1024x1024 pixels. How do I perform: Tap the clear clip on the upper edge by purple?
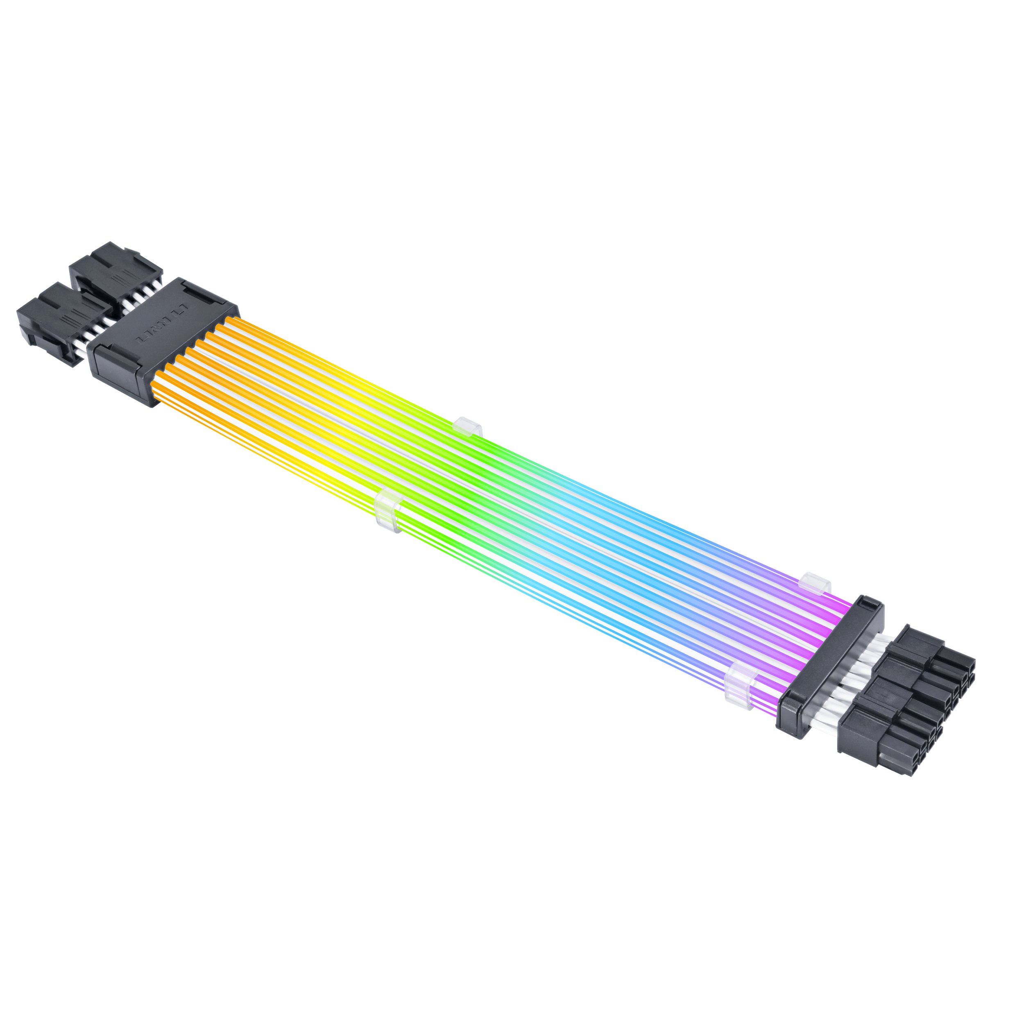click(817, 582)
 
